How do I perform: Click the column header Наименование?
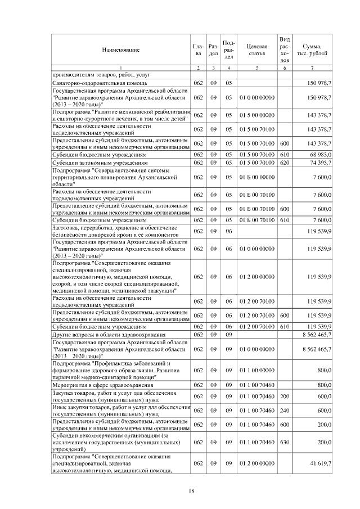(x=120, y=50)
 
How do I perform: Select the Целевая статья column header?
(x=256, y=50)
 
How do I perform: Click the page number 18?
(x=191, y=491)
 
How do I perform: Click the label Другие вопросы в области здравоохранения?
(x=101, y=335)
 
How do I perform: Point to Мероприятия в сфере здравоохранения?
(x=102, y=385)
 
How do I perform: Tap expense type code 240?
(x=284, y=411)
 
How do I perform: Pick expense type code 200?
(x=284, y=396)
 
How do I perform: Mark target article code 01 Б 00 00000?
(x=256, y=177)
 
